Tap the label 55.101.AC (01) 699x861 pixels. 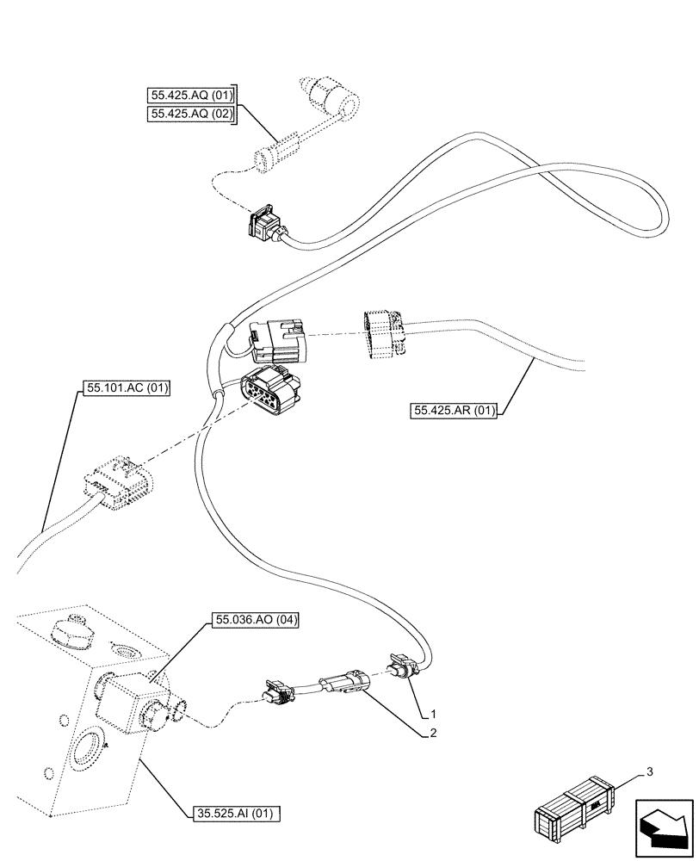click(x=127, y=389)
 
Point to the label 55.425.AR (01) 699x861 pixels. click(x=455, y=410)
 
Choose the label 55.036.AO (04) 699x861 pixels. click(x=255, y=620)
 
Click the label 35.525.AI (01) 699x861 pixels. click(x=233, y=812)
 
